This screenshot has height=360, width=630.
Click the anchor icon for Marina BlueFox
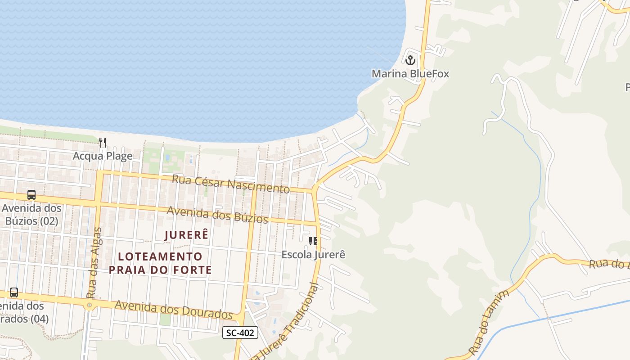click(410, 59)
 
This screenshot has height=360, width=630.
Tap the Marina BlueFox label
click(410, 73)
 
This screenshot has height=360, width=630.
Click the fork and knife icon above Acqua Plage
click(103, 143)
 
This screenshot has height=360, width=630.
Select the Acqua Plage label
click(103, 156)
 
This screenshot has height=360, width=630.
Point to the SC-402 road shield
click(240, 333)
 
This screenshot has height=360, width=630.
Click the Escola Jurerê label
click(313, 254)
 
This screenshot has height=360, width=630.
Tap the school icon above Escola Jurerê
click(313, 241)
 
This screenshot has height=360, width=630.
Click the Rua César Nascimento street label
click(231, 184)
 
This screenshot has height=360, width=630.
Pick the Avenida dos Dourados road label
click(173, 309)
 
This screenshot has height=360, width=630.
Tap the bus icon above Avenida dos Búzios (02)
click(31, 195)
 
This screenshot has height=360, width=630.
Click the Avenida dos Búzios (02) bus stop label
click(31, 215)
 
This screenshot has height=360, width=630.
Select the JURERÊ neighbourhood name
click(187, 235)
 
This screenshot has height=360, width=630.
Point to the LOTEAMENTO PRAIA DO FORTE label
click(160, 263)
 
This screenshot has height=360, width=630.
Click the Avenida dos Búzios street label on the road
click(217, 214)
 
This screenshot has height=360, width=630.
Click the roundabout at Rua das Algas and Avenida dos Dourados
click(90, 305)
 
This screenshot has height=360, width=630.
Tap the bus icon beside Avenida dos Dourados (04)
click(14, 292)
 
